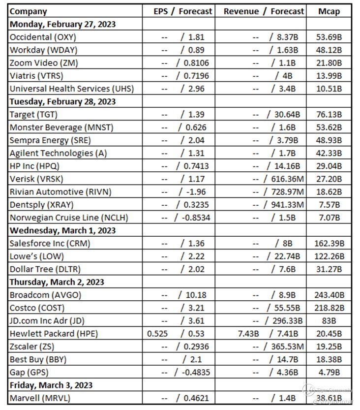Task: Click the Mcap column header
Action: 329,11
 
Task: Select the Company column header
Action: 29,11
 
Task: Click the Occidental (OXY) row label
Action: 43,37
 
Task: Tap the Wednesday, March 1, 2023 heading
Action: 63,230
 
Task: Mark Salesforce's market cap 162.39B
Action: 329,243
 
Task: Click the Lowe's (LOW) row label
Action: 37,256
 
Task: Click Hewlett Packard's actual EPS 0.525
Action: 157,333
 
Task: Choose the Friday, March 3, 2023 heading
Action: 51,385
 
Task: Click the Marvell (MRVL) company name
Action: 40,398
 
